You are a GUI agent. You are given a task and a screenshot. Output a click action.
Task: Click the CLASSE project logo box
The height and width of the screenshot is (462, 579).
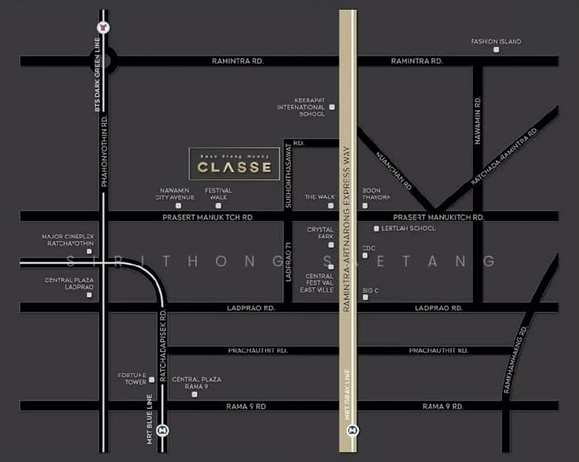pos(235,164)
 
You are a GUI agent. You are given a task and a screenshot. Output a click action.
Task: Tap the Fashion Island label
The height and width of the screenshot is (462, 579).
pos(496,41)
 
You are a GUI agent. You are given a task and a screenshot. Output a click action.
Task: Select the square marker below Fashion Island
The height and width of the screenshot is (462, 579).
pos(496,50)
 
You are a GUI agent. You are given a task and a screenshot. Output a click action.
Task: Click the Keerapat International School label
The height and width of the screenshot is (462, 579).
pos(301,107)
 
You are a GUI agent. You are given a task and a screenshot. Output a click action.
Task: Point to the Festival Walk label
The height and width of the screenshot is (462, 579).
pos(218,193)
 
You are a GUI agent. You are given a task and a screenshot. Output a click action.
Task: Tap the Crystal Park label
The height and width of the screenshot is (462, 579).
pos(320,233)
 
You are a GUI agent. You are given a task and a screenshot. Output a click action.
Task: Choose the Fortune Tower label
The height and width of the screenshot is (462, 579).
pos(131,378)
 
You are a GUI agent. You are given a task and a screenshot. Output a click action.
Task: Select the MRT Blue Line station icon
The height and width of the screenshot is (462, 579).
pos(162,430)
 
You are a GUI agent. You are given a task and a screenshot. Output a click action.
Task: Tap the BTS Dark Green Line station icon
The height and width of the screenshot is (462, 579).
pos(104,28)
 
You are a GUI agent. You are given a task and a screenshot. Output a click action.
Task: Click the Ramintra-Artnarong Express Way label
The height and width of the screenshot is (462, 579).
pos(348,223)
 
